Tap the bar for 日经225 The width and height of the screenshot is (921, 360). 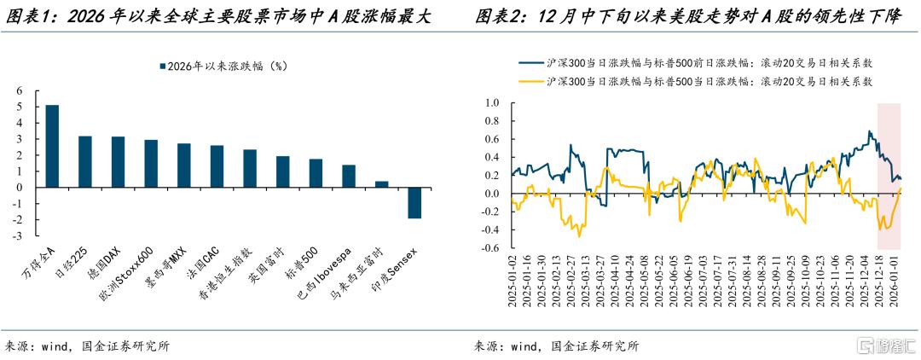[85, 162]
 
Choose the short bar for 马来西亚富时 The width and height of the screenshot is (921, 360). [381, 185]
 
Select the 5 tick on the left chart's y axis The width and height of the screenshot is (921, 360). [20, 107]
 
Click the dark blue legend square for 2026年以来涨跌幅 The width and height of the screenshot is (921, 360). [159, 67]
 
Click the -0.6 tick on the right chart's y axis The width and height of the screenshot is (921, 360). [490, 249]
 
